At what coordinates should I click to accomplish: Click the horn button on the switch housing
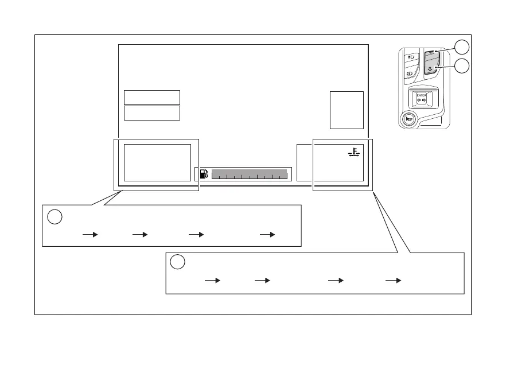point(408,119)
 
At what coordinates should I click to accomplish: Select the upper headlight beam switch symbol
point(410,58)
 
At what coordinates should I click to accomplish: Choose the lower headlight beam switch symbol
point(410,75)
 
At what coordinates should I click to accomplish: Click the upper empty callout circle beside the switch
point(462,48)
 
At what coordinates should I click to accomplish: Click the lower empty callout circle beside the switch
point(462,67)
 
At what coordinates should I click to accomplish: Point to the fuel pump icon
point(204,174)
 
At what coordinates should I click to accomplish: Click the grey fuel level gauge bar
point(248,174)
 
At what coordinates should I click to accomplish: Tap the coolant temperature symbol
point(353,153)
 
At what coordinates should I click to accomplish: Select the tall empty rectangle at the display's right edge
point(347,110)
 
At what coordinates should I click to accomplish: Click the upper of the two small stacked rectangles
point(151,97)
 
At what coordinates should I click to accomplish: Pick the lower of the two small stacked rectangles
point(151,112)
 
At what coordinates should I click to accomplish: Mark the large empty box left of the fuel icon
point(157,162)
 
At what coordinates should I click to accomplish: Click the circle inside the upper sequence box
point(55,217)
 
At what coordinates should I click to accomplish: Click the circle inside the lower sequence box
point(178,262)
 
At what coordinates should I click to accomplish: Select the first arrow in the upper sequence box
point(91,235)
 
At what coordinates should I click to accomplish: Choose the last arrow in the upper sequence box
point(267,235)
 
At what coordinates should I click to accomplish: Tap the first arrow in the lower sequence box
point(213,281)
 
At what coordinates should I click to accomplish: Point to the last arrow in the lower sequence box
point(393,281)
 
